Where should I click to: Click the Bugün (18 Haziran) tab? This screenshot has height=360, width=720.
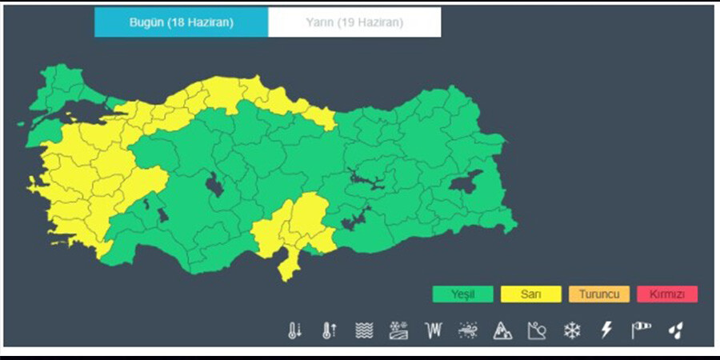181,22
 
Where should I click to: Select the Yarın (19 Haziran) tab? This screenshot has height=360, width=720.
354,22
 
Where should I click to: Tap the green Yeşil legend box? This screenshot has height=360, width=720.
462,294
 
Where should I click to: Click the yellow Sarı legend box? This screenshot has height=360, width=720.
530,294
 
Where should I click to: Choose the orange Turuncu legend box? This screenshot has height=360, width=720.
599,294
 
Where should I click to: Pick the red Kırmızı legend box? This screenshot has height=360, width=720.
667,294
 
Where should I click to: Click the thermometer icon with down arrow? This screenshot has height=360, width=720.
295,330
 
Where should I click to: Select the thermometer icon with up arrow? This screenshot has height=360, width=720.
329,330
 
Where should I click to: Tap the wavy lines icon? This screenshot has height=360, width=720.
364,330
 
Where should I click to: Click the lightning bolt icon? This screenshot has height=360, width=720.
606,330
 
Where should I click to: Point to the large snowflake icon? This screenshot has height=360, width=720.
571,330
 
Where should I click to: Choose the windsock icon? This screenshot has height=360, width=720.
641,330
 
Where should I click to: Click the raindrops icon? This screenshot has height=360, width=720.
676,330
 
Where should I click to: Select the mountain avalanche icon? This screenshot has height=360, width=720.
502,330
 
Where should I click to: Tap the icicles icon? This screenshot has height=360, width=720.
434,330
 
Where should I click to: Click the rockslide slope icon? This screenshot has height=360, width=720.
537,330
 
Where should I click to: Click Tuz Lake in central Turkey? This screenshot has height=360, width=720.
214,186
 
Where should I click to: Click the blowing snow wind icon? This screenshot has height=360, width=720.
468,330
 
